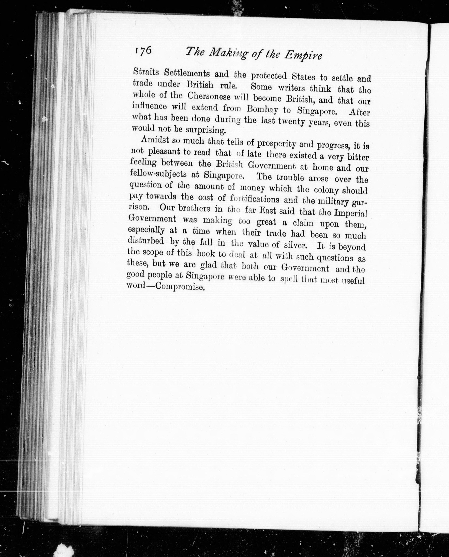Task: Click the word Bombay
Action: [x=262, y=110]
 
